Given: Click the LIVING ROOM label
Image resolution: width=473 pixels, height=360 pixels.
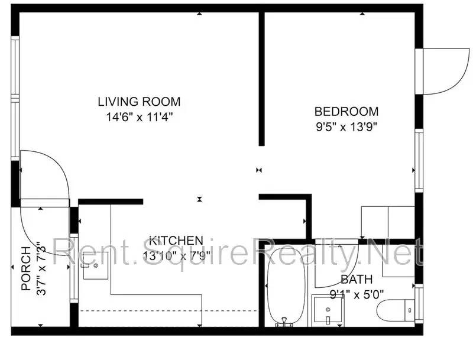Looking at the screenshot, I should coord(139,101).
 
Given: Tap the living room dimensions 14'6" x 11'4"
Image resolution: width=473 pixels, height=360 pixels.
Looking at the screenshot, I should coord(139,116).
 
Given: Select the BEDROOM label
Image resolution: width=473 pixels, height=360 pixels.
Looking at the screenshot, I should coord(346,111).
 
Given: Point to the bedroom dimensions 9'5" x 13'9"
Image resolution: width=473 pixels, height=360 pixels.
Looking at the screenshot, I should coord(346,126).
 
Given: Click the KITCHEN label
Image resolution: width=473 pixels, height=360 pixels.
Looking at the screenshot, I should coord(176,241).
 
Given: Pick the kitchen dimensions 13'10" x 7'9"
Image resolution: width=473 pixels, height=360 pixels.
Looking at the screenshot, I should coord(176,256).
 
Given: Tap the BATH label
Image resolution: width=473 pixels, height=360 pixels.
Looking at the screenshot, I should coord(357,279).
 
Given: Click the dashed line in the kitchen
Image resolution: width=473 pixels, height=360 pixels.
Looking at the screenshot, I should coord(169,310).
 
